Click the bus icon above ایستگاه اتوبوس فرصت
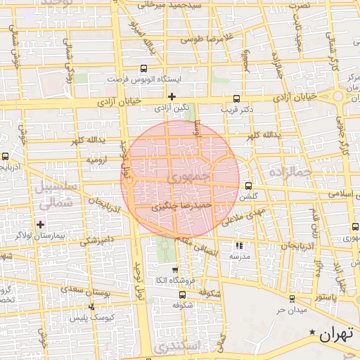(x=144, y=69)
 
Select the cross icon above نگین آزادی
(x=172, y=96)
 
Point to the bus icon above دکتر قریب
(x=236, y=99)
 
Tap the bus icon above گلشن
(x=248, y=186)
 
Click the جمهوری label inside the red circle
(x=191, y=177)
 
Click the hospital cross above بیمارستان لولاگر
(x=41, y=225)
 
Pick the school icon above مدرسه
(x=239, y=245)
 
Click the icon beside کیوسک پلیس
(x=91, y=307)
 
